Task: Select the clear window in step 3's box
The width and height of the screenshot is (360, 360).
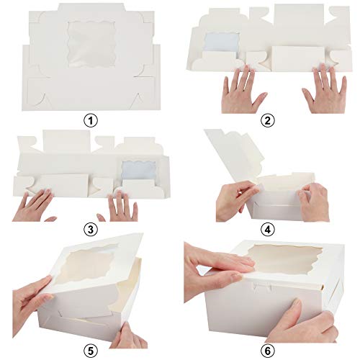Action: pyautogui.click(x=139, y=170)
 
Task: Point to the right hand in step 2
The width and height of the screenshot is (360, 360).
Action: pyautogui.click(x=323, y=92)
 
